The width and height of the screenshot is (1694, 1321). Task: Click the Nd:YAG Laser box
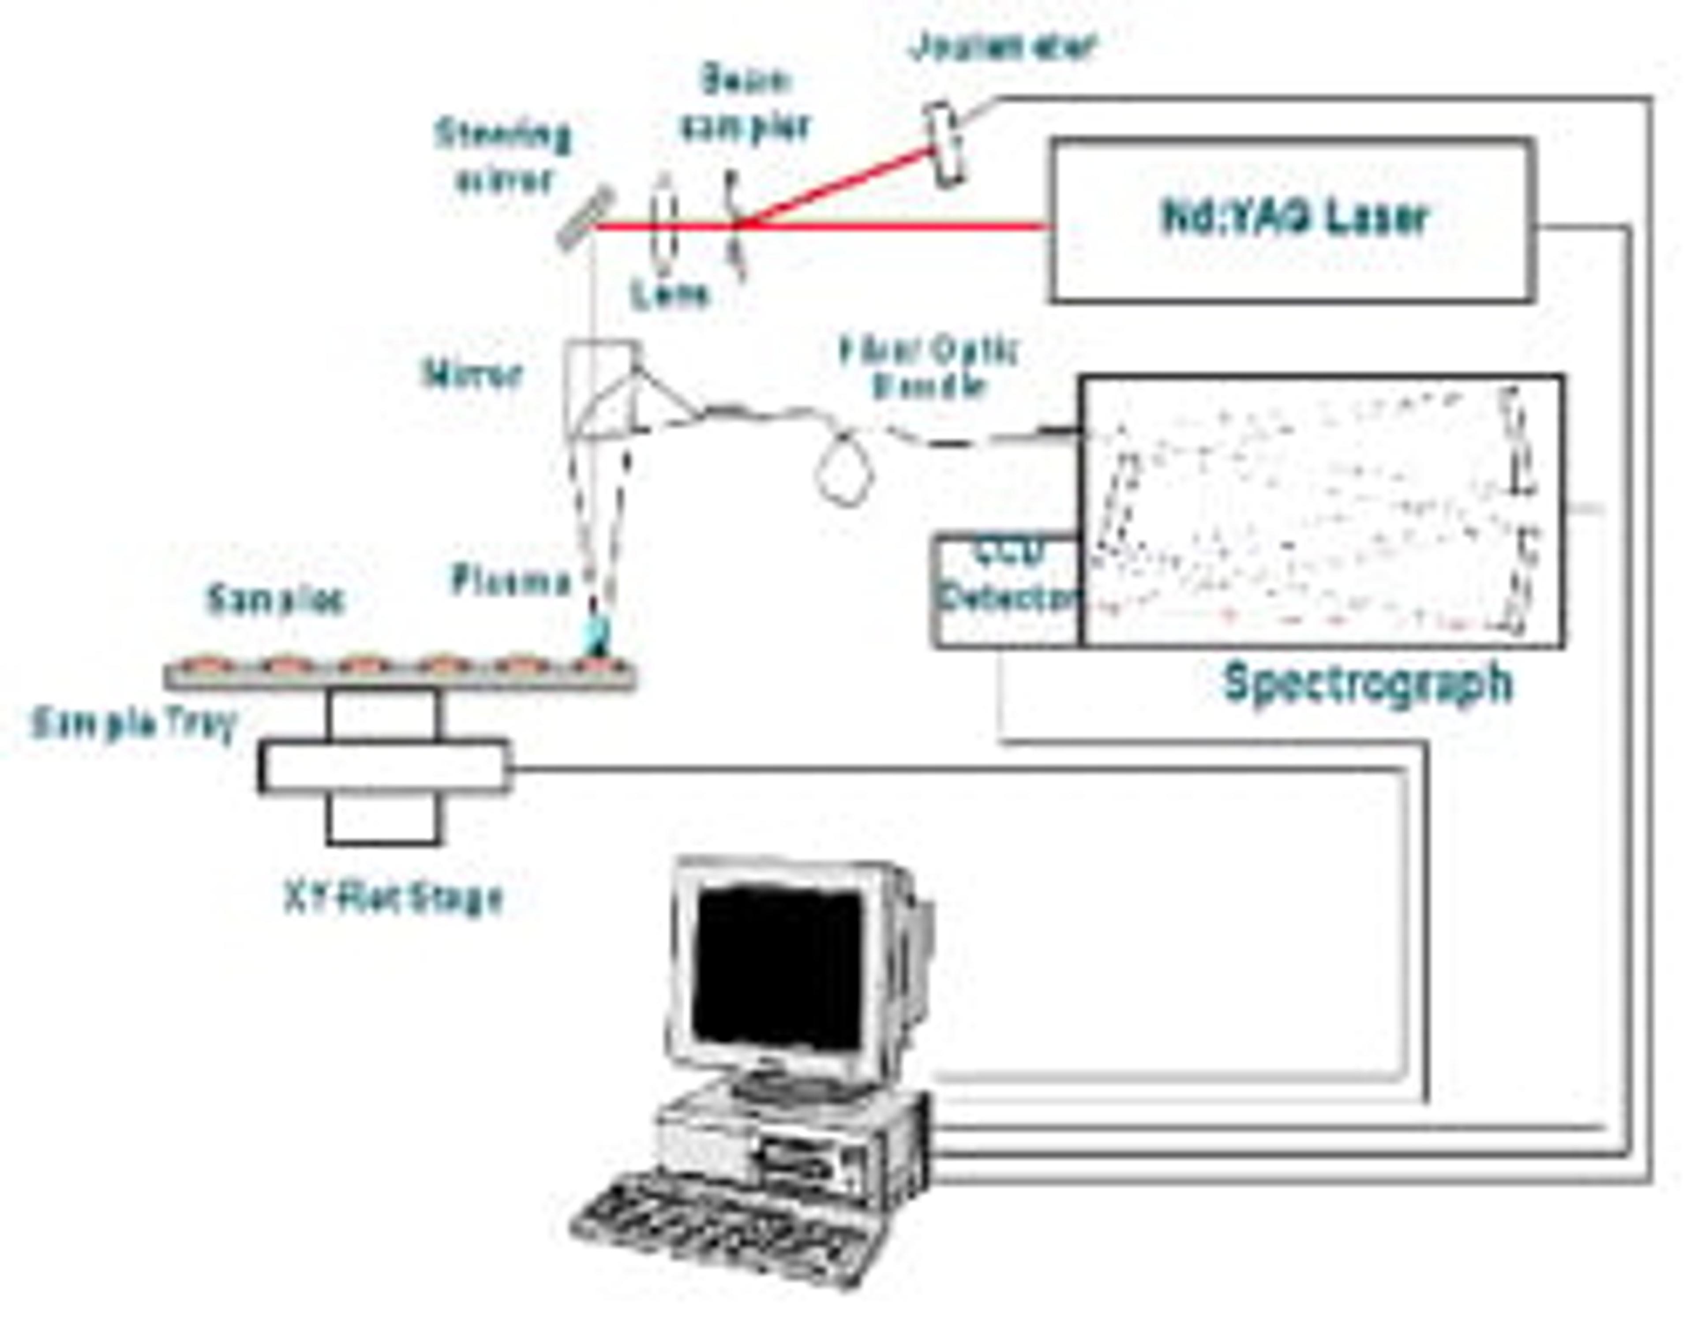click(1291, 220)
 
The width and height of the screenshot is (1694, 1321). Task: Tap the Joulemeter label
click(1003, 48)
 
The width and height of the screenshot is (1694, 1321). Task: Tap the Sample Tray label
click(132, 725)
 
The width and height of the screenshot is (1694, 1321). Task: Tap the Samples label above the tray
click(274, 599)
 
